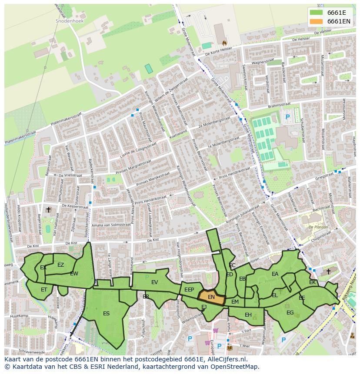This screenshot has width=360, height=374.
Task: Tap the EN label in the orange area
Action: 211,297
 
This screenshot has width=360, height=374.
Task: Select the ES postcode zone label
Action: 106,313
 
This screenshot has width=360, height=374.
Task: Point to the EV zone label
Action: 154,282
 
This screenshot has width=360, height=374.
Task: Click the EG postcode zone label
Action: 290,312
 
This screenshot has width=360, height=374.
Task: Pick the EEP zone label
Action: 189,290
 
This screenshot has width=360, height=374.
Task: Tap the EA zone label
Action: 275,274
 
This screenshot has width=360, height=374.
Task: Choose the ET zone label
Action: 44,290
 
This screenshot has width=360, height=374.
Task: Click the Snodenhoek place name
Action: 69,20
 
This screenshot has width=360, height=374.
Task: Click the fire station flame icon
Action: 224,43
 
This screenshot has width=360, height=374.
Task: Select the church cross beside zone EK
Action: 328,271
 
